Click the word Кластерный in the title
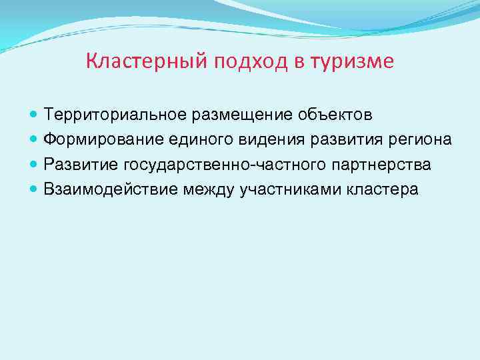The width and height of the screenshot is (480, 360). coord(148,62)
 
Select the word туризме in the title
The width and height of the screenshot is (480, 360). coord(357,62)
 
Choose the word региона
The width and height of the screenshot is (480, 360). coord(421,140)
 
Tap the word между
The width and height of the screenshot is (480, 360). coord(203,189)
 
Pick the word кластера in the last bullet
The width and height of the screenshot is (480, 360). coord(383,189)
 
